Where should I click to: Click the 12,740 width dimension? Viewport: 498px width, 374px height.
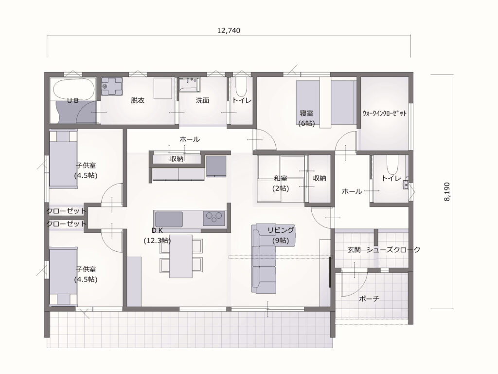(229, 31)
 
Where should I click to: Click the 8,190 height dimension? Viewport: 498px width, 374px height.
(447, 192)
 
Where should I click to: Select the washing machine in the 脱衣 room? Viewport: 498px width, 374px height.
(111, 86)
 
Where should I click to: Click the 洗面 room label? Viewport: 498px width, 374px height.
(202, 100)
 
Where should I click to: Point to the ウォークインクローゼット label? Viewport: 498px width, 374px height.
(384, 113)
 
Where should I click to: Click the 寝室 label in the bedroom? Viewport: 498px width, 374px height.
(306, 113)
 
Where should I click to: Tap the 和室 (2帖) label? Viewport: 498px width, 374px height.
(281, 183)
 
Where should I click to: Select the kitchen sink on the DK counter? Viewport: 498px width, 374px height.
(168, 219)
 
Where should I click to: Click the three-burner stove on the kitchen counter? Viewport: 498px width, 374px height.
(214, 219)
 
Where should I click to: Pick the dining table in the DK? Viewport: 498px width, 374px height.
(181, 256)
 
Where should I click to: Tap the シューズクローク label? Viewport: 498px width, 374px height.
(393, 250)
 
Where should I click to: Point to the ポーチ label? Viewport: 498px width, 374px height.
(369, 299)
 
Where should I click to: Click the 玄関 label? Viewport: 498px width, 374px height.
(354, 250)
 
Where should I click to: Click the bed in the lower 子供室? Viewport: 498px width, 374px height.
(63, 276)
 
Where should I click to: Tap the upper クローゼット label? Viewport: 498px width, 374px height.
(66, 211)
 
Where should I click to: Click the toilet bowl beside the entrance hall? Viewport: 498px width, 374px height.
(392, 165)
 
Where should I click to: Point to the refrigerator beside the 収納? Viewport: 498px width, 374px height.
(216, 166)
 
